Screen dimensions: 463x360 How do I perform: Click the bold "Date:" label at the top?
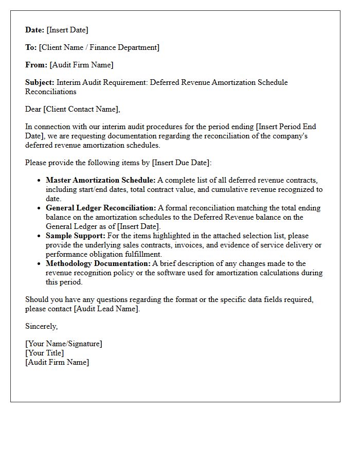[35, 30]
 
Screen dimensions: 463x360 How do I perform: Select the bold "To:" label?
[31, 47]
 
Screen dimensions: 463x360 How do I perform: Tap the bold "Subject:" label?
[40, 82]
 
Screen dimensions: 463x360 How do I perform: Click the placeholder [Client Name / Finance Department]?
[99, 47]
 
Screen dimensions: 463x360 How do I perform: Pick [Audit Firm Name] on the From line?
[81, 65]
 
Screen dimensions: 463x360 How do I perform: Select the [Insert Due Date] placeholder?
[181, 163]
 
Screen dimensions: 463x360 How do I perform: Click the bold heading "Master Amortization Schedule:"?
[100, 180]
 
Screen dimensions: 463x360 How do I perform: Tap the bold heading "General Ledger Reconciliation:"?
[101, 208]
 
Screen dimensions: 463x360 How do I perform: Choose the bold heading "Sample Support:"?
[76, 236]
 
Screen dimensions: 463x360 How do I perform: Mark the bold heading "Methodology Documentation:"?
[98, 263]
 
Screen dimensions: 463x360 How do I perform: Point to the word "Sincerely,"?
[42, 326]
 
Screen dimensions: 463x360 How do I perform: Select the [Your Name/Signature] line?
[64, 344]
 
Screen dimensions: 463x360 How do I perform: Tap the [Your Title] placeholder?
[45, 353]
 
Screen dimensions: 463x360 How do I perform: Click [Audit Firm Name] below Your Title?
[57, 362]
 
